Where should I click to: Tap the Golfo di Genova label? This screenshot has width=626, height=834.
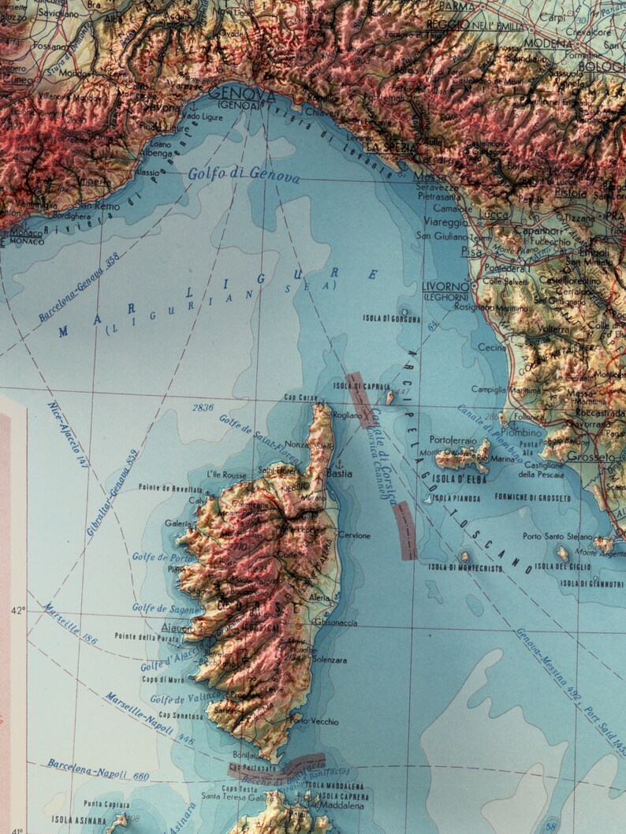tap(244, 175)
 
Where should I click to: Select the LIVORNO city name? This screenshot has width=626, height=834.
tap(446, 286)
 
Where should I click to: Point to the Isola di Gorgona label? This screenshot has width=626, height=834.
tap(391, 318)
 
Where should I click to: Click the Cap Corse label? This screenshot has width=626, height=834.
tap(300, 397)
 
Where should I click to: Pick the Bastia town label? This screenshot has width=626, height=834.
tap(339, 474)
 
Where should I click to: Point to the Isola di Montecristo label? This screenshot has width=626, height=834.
tap(465, 567)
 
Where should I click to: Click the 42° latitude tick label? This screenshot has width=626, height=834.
tap(17, 609)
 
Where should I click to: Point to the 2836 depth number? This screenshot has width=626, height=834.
tap(203, 407)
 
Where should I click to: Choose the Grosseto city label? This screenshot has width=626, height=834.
tap(590, 457)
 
